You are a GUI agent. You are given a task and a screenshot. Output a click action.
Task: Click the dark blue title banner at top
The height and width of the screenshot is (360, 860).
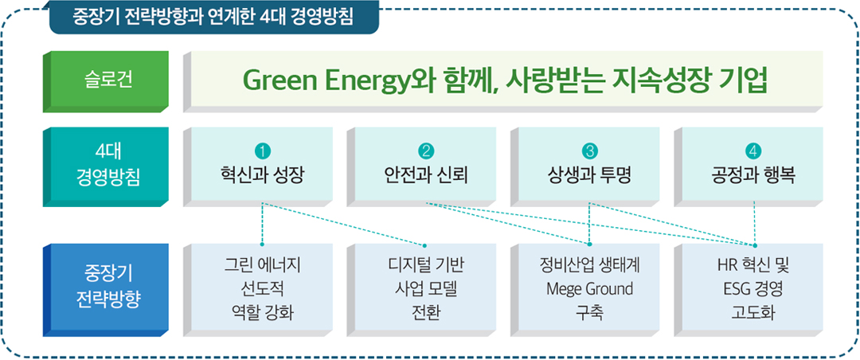(214, 17)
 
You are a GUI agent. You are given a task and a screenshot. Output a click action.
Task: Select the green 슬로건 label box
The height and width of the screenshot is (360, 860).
(105, 82)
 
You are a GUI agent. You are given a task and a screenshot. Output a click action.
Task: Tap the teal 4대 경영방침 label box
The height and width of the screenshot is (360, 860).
(105, 166)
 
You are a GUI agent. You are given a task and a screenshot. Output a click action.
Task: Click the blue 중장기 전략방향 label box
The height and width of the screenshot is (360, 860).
(105, 290)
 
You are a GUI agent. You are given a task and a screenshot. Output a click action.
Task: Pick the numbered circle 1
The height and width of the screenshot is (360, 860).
(263, 150)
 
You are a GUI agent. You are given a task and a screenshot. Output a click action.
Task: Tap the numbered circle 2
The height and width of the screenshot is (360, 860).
(425, 150)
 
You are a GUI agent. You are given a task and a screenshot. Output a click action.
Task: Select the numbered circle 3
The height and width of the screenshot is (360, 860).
(589, 150)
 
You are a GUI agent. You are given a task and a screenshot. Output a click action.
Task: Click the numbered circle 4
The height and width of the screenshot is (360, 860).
(752, 150)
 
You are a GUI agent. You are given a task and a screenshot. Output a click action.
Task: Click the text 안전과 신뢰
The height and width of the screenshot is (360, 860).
(425, 177)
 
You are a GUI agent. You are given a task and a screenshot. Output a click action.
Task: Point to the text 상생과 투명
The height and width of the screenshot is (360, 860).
(589, 177)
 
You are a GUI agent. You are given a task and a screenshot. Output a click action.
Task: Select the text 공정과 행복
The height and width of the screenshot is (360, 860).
(752, 177)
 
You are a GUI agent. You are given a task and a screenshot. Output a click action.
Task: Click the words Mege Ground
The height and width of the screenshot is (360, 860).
(589, 289)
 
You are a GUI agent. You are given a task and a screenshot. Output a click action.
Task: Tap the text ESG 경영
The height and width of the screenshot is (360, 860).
(752, 289)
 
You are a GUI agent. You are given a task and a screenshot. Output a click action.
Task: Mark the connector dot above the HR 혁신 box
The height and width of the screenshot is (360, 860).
(755, 245)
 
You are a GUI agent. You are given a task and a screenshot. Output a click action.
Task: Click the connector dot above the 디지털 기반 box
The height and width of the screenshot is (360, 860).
(424, 245)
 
